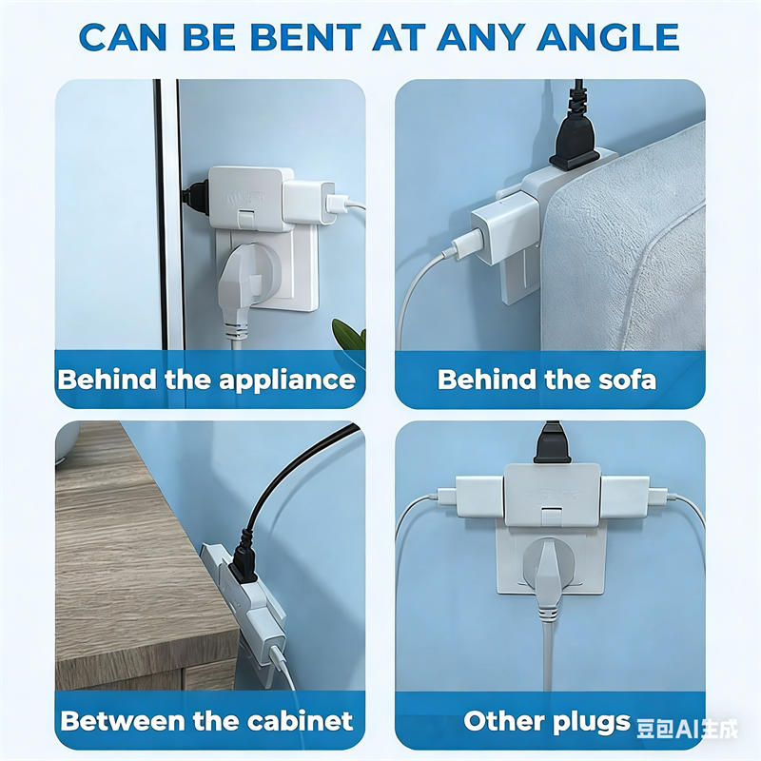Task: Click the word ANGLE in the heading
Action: coord(608,37)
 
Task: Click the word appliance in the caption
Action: coord(287,380)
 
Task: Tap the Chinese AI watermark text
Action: coord(687,729)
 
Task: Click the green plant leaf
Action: coord(349,334)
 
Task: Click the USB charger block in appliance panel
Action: coord(309,203)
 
